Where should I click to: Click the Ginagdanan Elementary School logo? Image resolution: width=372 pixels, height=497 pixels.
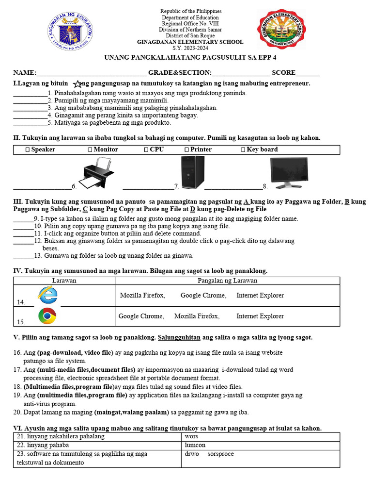281,30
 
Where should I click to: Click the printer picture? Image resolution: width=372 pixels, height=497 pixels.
99,173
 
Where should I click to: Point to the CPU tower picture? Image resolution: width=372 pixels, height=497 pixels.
192,172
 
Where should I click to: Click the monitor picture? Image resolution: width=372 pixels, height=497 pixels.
288,173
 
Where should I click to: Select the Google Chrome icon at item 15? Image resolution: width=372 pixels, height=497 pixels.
47,316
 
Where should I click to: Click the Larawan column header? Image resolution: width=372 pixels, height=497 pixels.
64,281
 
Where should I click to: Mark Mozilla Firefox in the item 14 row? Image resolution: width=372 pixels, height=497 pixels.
142,296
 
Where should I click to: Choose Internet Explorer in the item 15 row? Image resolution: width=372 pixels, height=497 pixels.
260,316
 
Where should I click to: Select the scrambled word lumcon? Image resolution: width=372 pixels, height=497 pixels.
195,445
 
